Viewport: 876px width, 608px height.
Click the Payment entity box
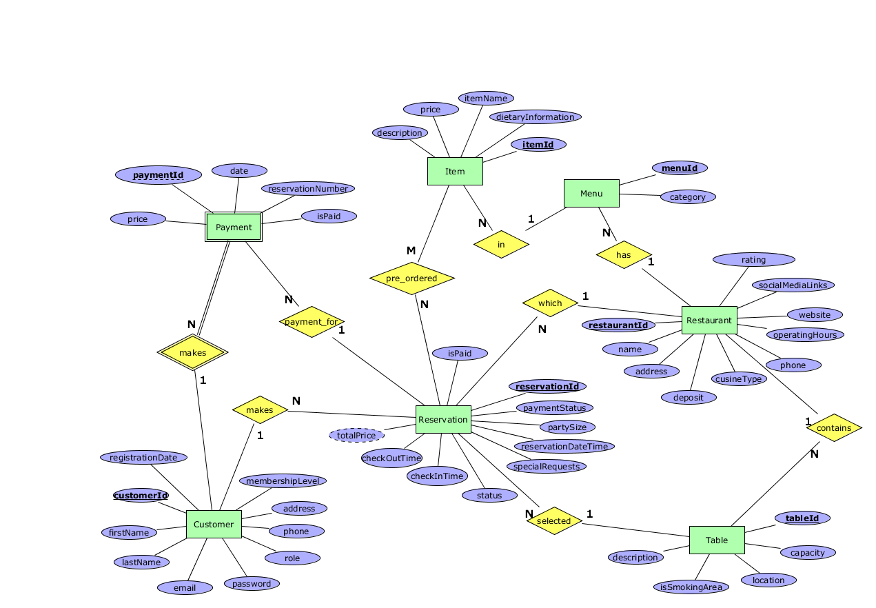click(x=234, y=227)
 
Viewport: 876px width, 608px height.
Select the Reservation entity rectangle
click(x=443, y=419)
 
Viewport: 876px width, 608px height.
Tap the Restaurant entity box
click(x=709, y=320)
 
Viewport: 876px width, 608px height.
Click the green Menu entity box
click(x=591, y=193)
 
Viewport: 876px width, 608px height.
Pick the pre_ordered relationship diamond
click(x=412, y=278)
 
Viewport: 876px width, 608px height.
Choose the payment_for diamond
click(x=312, y=322)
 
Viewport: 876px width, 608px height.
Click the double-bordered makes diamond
click(x=192, y=352)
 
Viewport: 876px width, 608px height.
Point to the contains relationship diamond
click(x=834, y=427)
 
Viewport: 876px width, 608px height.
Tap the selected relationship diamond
click(x=553, y=520)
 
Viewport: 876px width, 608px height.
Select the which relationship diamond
click(x=550, y=303)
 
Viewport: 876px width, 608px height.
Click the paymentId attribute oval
click(x=159, y=175)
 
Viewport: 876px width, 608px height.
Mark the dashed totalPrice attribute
click(x=356, y=435)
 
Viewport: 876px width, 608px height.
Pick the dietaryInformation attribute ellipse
click(x=535, y=117)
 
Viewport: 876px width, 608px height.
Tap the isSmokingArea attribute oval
click(x=691, y=587)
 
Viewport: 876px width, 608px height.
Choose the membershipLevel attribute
click(x=283, y=480)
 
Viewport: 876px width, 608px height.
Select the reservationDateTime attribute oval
click(x=564, y=446)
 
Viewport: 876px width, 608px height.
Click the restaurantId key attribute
click(x=618, y=325)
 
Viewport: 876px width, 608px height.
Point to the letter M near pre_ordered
click(x=411, y=250)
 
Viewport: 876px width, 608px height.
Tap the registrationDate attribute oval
click(x=143, y=457)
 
